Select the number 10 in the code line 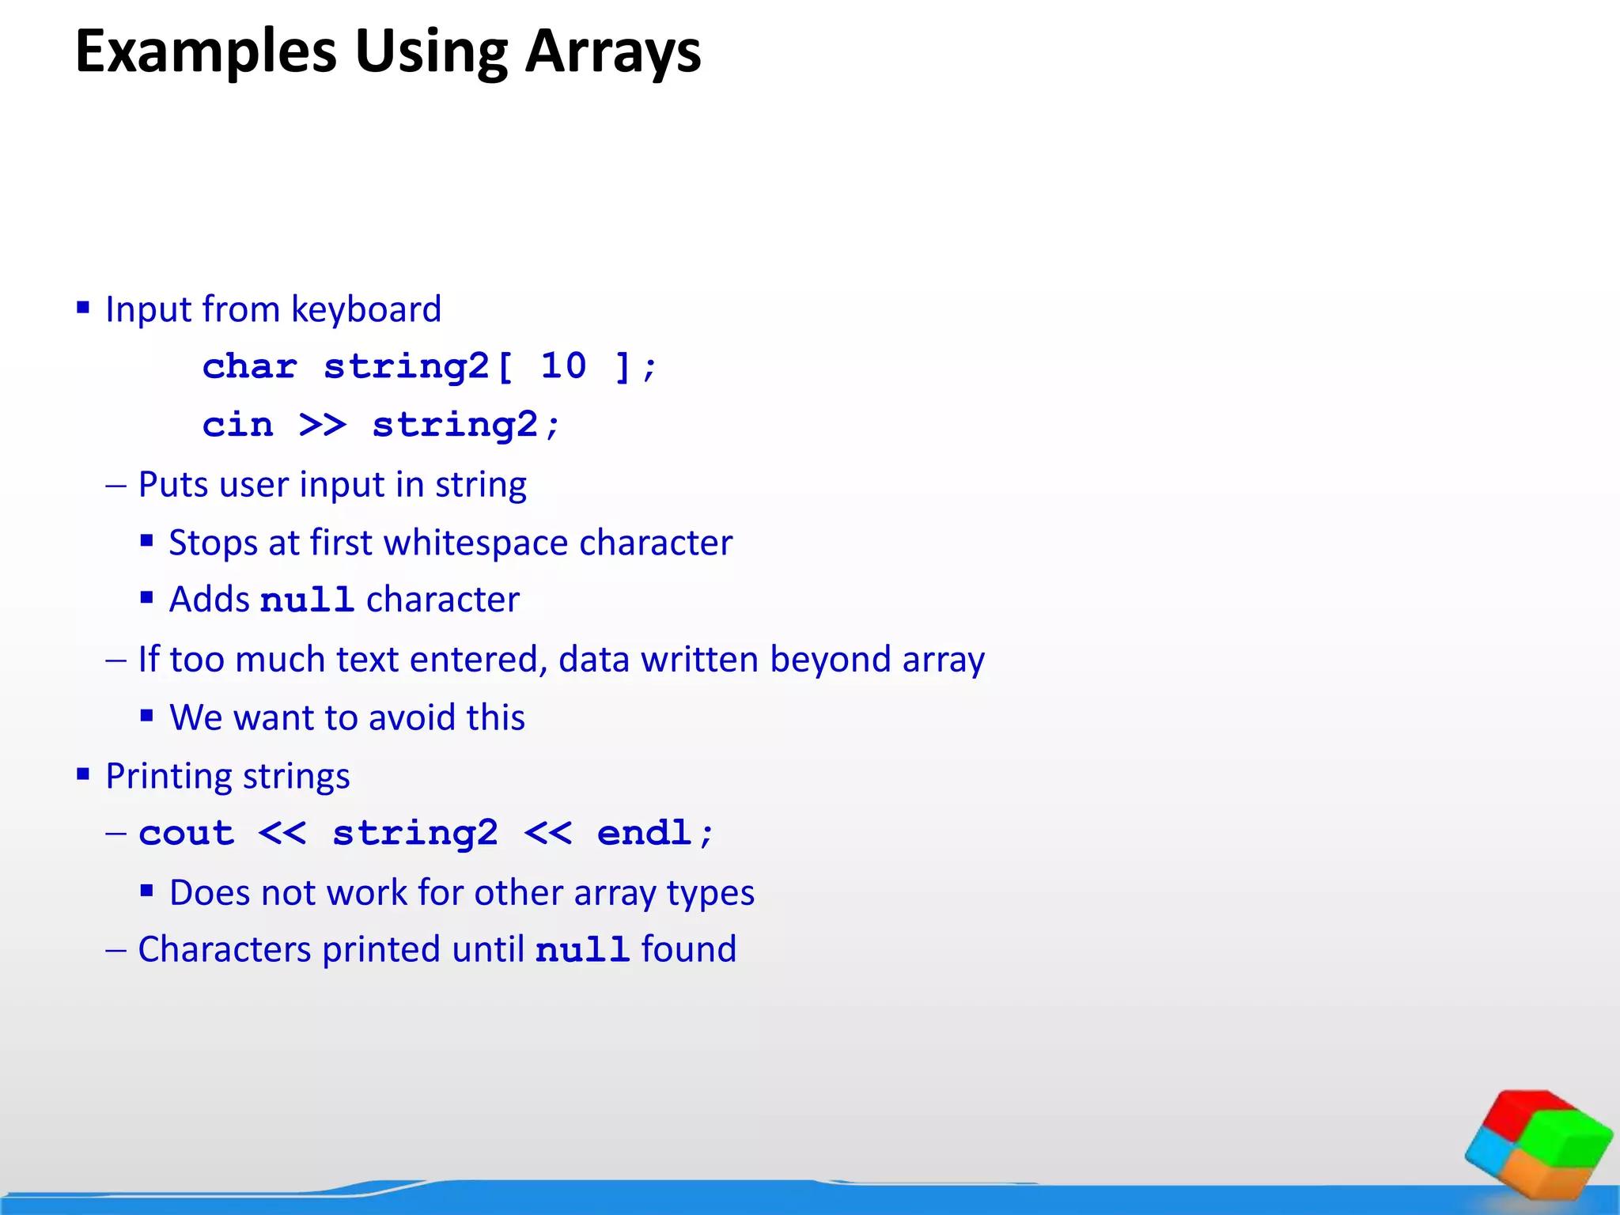click(x=563, y=366)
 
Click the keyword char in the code click(x=250, y=366)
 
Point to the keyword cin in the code click(x=237, y=425)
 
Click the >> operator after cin click(x=323, y=426)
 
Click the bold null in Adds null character click(x=307, y=600)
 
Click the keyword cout click(x=187, y=834)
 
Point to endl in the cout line click(x=645, y=834)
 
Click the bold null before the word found click(x=582, y=950)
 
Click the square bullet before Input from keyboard click(x=83, y=307)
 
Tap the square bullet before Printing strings click(x=83, y=774)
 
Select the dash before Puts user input click(x=116, y=486)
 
